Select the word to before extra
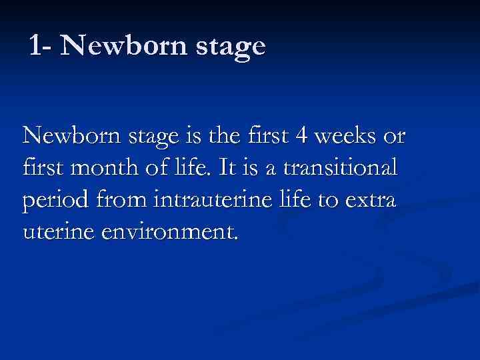326,198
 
